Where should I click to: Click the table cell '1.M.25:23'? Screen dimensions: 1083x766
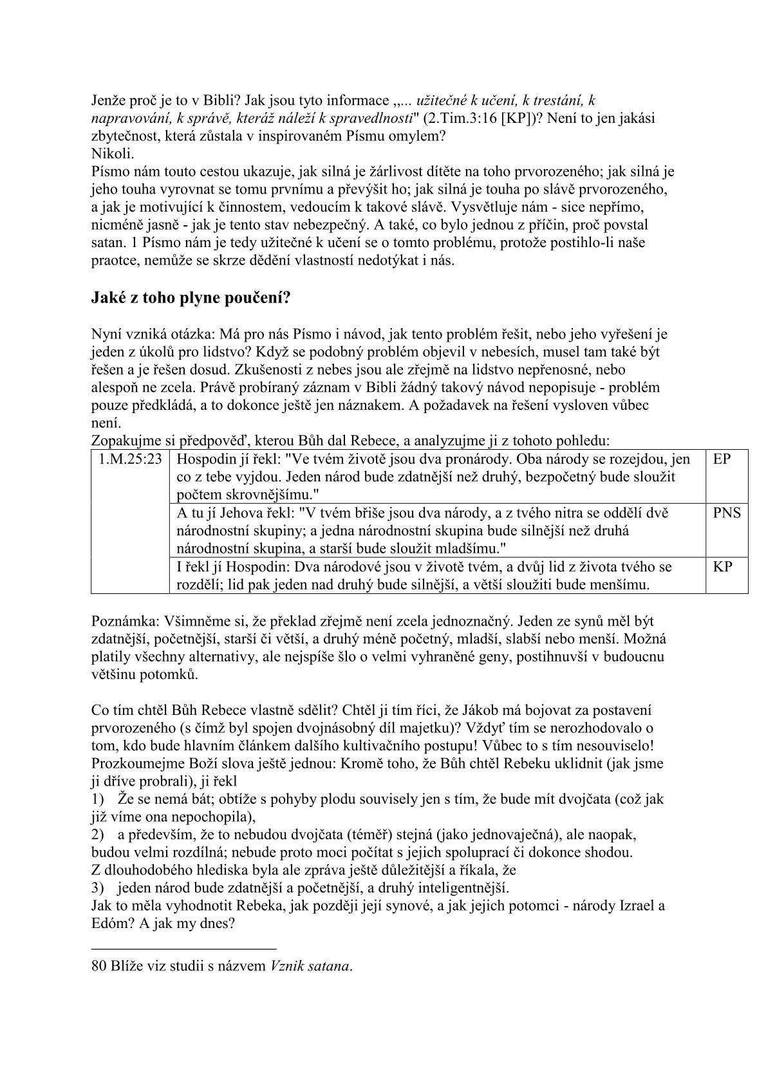click(130, 459)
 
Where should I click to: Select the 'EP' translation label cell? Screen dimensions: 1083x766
click(722, 459)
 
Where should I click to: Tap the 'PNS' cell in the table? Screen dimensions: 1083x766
click(727, 513)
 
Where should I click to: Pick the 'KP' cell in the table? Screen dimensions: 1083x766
click(722, 567)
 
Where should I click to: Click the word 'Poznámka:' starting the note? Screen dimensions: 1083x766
click(121, 621)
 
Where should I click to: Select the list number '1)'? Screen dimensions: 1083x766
click(98, 799)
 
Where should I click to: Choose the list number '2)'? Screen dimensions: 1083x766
click(98, 835)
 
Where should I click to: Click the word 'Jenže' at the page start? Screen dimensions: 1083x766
click(108, 101)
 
